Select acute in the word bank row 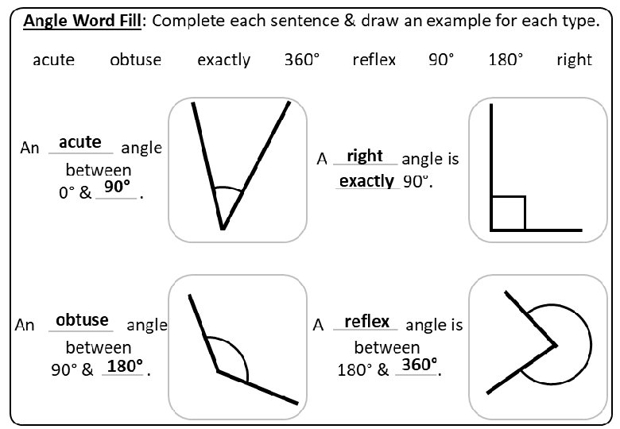(53, 60)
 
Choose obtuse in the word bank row (135, 60)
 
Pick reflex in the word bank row (374, 60)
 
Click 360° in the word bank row (302, 60)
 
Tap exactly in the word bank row (223, 60)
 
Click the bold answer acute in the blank (80, 141)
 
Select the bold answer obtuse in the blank (82, 319)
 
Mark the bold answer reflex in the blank (366, 321)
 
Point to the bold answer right (365, 156)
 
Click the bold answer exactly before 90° (366, 181)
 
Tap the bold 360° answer (419, 365)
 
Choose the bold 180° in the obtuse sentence (125, 365)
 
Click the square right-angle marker (509, 212)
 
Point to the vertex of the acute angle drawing (223, 229)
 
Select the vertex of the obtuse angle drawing (218, 370)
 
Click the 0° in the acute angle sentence (68, 193)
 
